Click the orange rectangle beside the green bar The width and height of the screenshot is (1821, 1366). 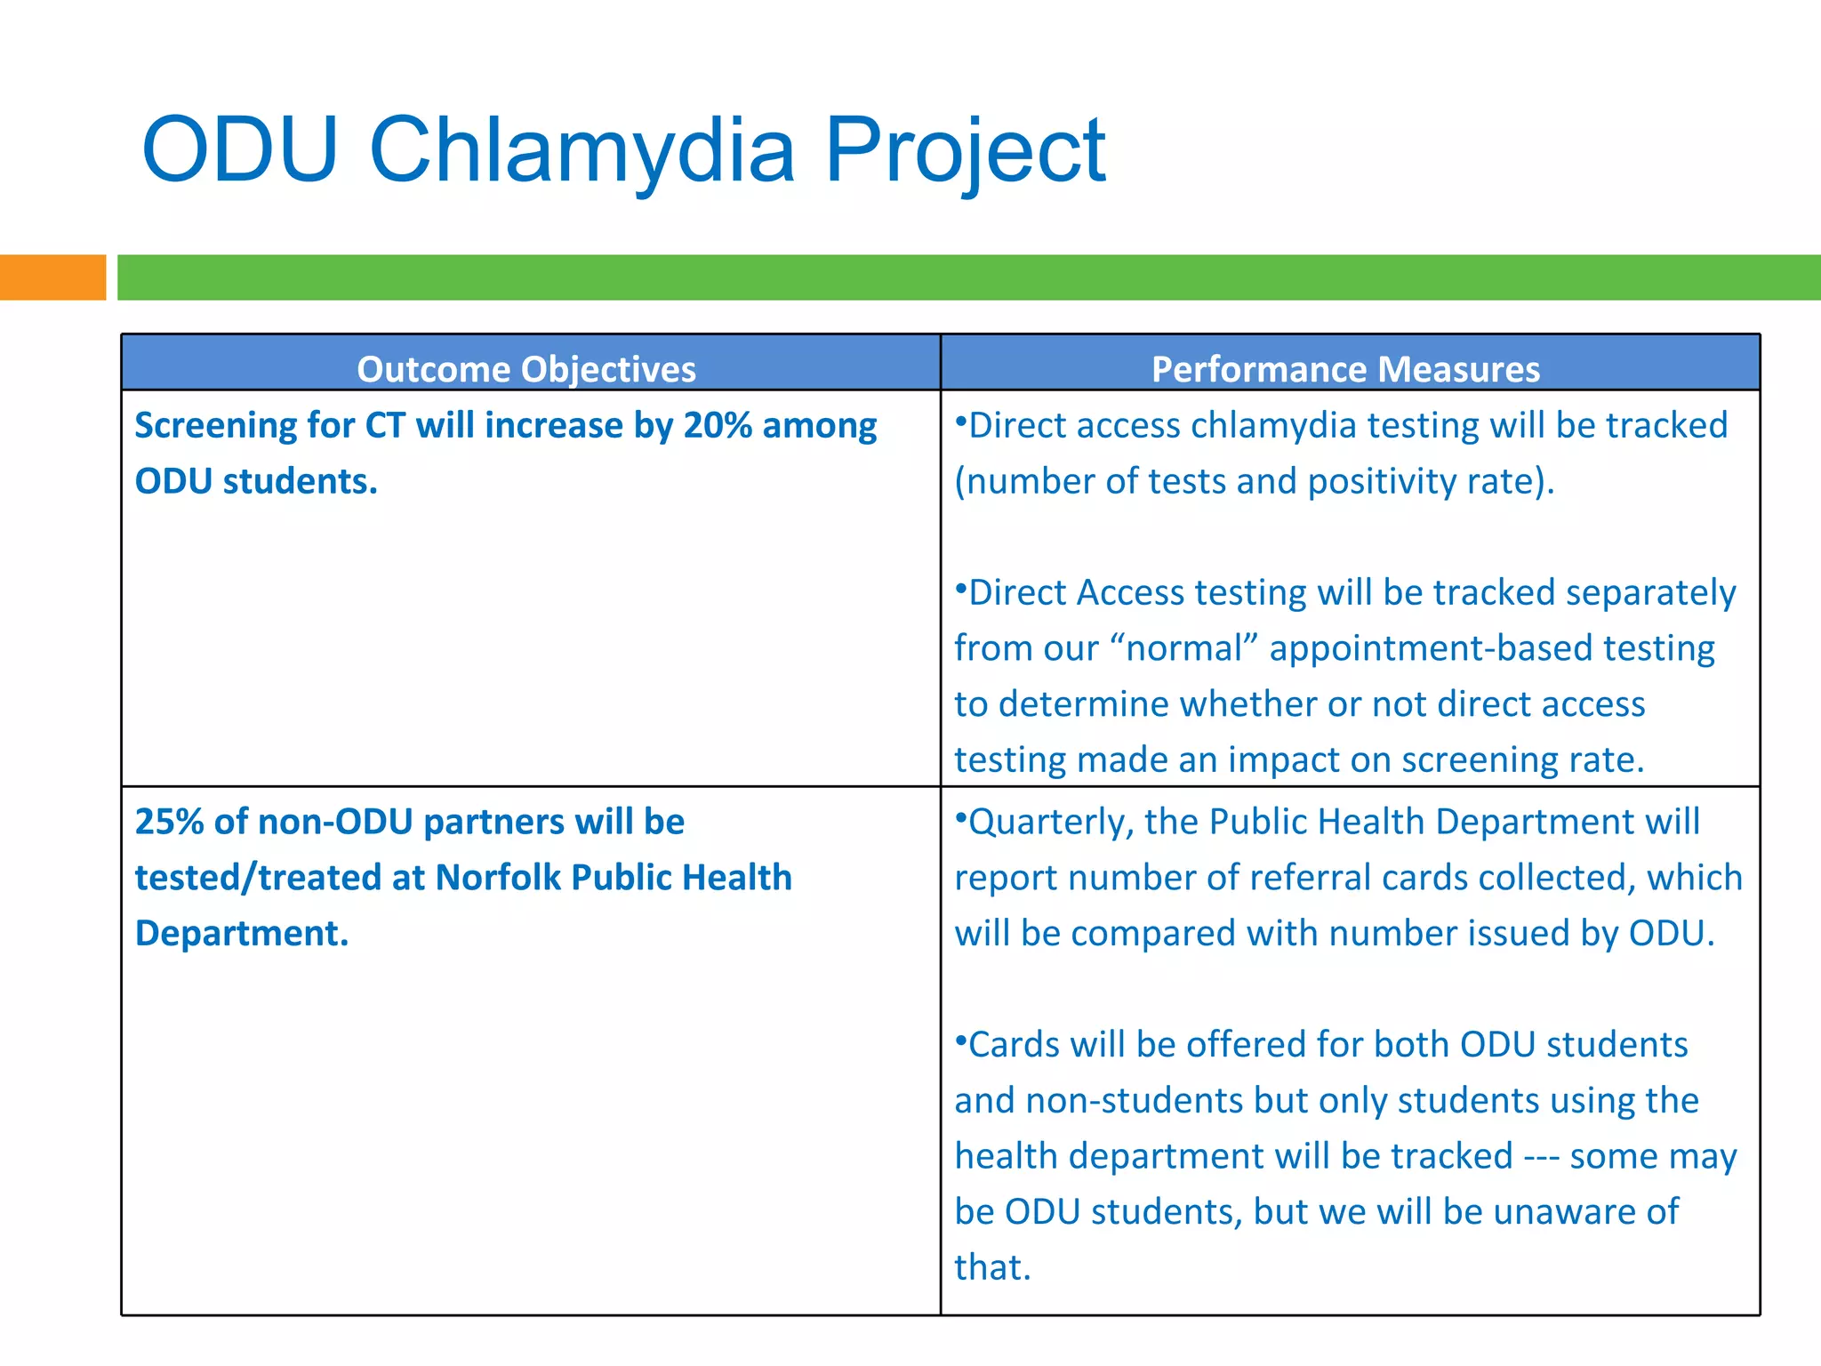point(52,277)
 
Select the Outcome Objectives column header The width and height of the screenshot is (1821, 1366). point(526,369)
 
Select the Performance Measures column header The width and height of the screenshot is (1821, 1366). point(1345,369)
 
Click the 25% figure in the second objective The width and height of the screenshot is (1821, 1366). point(169,822)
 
